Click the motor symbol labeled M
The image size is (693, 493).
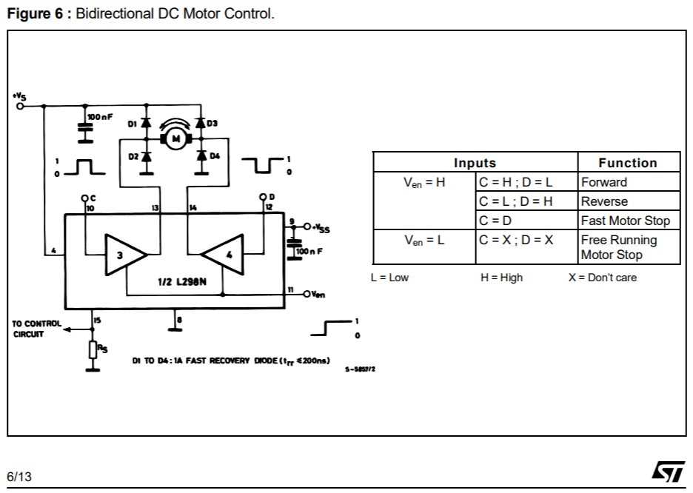click(x=175, y=138)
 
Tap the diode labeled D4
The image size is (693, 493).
click(x=201, y=156)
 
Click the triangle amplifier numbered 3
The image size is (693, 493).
click(x=123, y=255)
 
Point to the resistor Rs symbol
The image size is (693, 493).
click(x=93, y=349)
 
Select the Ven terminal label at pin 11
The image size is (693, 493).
click(x=318, y=295)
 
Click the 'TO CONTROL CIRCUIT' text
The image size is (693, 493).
click(x=36, y=329)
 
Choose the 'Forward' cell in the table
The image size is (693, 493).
click(x=604, y=182)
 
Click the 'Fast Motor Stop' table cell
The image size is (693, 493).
click(x=625, y=221)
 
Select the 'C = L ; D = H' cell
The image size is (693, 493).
click(x=516, y=201)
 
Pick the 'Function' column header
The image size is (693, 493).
click(x=627, y=163)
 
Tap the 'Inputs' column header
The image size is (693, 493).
click(x=475, y=163)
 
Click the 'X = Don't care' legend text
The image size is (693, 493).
click(x=602, y=278)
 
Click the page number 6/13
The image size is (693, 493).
click(x=20, y=477)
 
